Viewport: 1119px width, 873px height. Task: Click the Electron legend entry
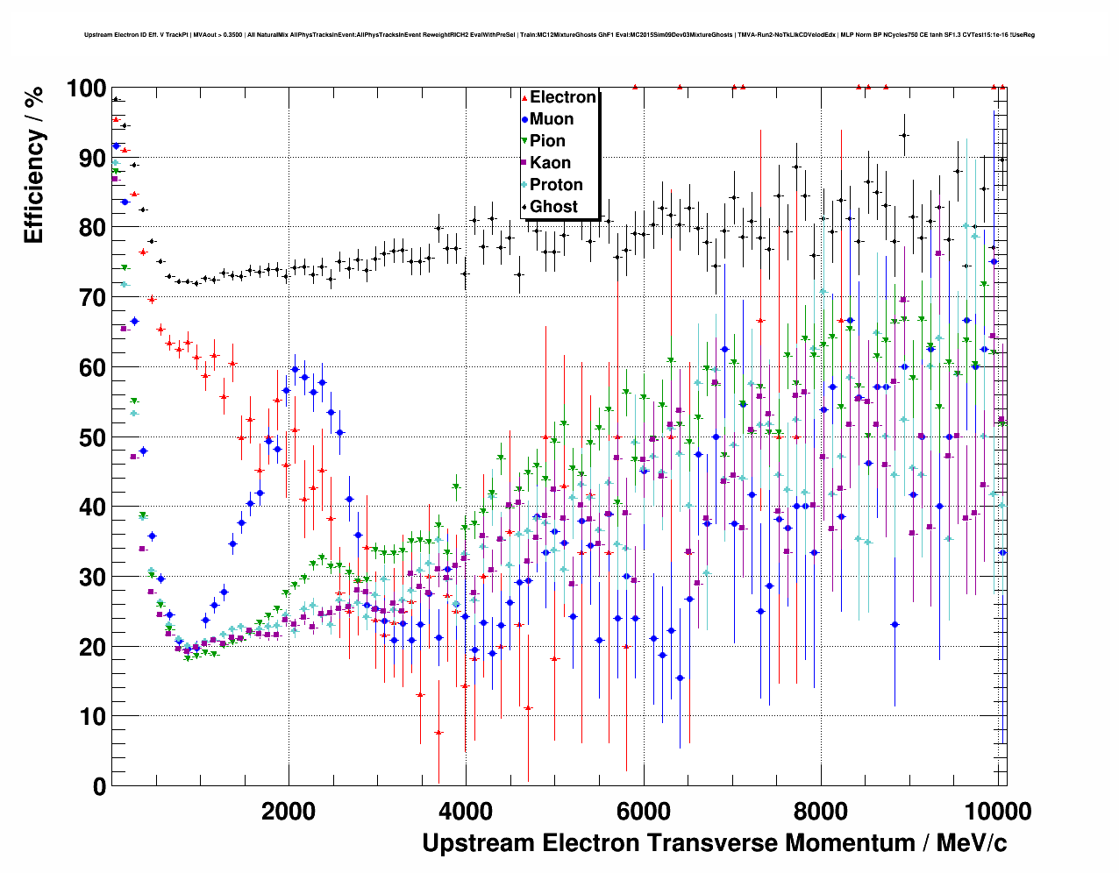562,97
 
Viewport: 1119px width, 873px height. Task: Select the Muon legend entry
551,119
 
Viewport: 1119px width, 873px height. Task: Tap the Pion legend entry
547,141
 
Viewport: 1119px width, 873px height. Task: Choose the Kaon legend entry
550,163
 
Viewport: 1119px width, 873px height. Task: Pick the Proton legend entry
556,185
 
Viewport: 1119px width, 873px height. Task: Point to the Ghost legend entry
553,207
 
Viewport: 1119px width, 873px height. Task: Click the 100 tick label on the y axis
86,89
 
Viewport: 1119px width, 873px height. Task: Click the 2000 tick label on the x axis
289,811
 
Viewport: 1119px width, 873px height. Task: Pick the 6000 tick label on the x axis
644,811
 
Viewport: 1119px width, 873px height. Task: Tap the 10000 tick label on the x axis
996,811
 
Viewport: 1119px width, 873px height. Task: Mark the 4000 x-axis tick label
466,811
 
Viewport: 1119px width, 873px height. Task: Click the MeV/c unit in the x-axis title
971,843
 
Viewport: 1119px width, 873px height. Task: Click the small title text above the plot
559,35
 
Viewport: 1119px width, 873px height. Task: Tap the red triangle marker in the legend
524,97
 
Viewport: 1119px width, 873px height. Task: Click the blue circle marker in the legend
524,119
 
